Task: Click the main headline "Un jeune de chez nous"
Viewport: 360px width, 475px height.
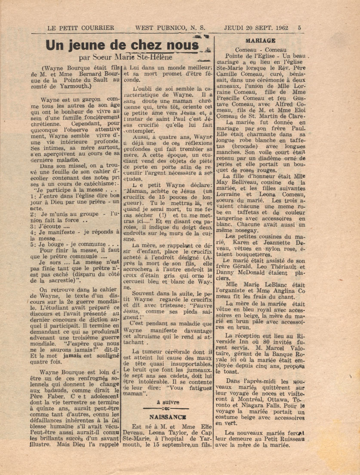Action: (x=123, y=45)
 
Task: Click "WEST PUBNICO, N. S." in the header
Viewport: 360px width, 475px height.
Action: (x=170, y=28)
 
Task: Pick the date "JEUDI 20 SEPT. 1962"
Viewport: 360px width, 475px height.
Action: (x=256, y=28)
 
